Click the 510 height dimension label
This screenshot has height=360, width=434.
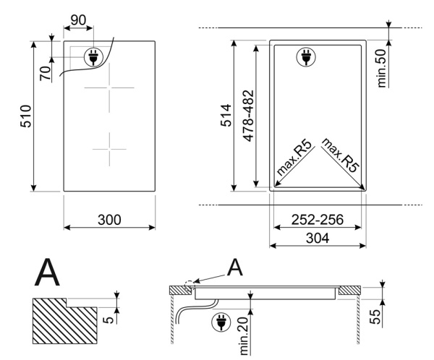pyautogui.click(x=26, y=116)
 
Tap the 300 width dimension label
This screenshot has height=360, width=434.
pyautogui.click(x=109, y=220)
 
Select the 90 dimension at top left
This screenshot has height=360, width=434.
pyautogui.click(x=78, y=20)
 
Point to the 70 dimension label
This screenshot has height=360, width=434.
pyautogui.click(x=46, y=73)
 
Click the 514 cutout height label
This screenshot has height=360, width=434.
pyautogui.click(x=226, y=116)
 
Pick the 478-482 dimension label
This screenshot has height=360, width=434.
pyautogui.click(x=248, y=116)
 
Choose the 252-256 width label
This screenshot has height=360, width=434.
pyautogui.click(x=318, y=220)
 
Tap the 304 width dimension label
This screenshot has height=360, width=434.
pyautogui.click(x=318, y=238)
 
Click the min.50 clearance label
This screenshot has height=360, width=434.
pyautogui.click(x=382, y=69)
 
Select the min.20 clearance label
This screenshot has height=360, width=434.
pyautogui.click(x=244, y=336)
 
